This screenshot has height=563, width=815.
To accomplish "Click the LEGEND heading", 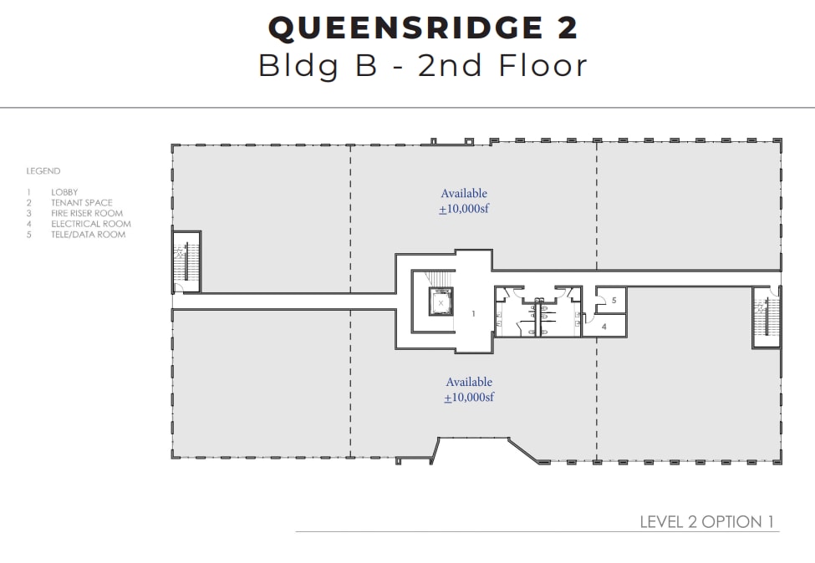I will [43, 171].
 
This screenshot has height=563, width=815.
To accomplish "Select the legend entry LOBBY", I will [64, 192].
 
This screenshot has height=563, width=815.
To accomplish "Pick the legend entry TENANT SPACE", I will [81, 203].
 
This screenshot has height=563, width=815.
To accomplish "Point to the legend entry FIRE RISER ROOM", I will [86, 213].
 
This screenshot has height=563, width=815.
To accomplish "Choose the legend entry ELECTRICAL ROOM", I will [90, 224].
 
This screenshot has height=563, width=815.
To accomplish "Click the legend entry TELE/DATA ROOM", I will [88, 235].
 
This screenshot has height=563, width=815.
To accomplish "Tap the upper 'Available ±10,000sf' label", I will [464, 201].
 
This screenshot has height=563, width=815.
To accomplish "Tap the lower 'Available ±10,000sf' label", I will [469, 389].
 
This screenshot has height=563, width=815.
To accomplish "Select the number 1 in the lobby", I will [473, 314].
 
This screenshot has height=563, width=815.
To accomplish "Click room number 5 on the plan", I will [614, 300].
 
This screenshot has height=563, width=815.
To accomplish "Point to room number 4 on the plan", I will [604, 327].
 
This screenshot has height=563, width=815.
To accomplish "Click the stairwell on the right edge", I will [765, 317].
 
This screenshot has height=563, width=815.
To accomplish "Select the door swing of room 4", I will [589, 317].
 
